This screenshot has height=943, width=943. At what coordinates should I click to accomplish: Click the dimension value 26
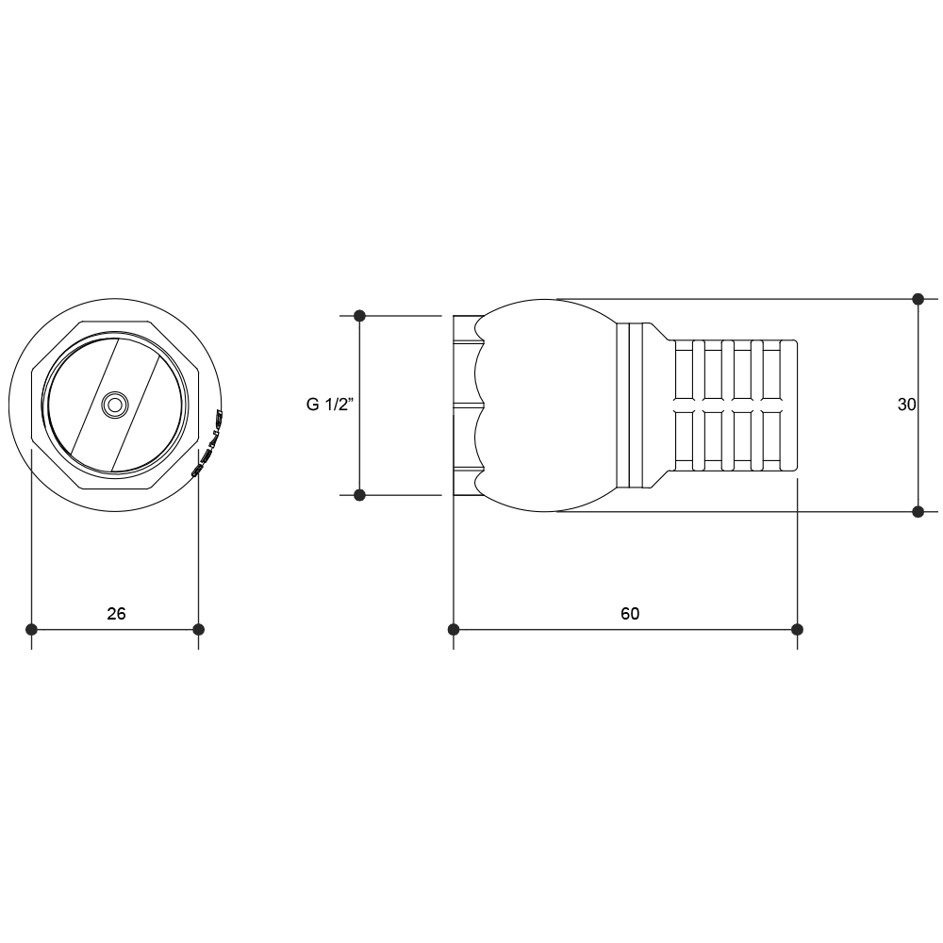click(116, 614)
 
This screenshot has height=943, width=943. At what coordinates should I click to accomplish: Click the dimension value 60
click(630, 614)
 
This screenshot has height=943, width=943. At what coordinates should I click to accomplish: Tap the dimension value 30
click(906, 405)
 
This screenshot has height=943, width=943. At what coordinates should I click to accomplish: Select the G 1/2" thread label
click(329, 405)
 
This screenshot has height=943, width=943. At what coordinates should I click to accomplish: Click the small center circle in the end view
click(114, 405)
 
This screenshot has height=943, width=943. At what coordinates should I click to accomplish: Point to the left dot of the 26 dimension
click(32, 630)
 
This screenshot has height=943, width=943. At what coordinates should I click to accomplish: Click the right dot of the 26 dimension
click(198, 630)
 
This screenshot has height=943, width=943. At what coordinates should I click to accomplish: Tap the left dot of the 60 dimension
click(454, 630)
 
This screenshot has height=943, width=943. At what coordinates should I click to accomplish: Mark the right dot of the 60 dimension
click(798, 630)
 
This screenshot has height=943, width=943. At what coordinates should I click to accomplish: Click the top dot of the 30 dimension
click(918, 299)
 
